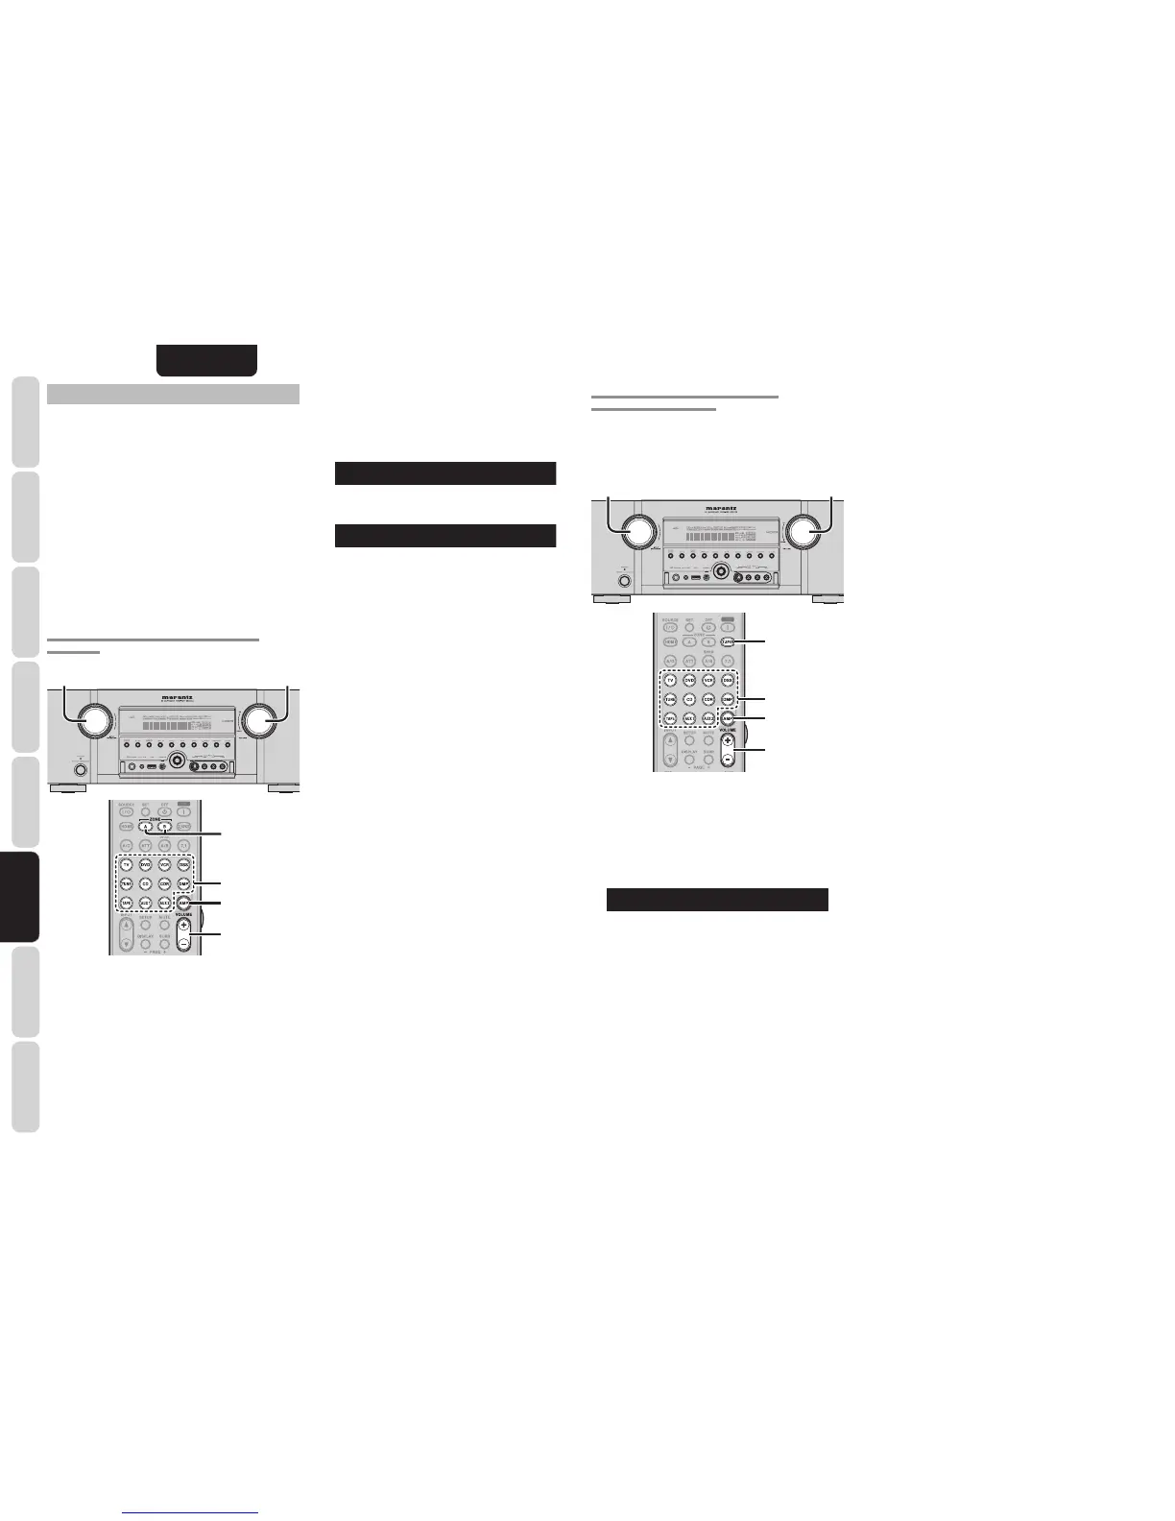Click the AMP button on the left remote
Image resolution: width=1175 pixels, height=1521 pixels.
pos(182,903)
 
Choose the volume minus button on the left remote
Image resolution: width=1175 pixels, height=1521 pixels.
pos(182,943)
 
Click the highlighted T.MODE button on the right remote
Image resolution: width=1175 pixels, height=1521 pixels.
pos(728,640)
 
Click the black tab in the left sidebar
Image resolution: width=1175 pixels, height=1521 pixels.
pos(25,897)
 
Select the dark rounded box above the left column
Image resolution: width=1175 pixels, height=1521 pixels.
pos(207,359)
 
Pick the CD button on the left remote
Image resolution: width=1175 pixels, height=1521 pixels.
pos(145,883)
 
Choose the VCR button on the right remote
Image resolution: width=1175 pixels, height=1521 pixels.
pos(708,680)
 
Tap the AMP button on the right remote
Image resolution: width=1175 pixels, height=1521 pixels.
pos(728,718)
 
